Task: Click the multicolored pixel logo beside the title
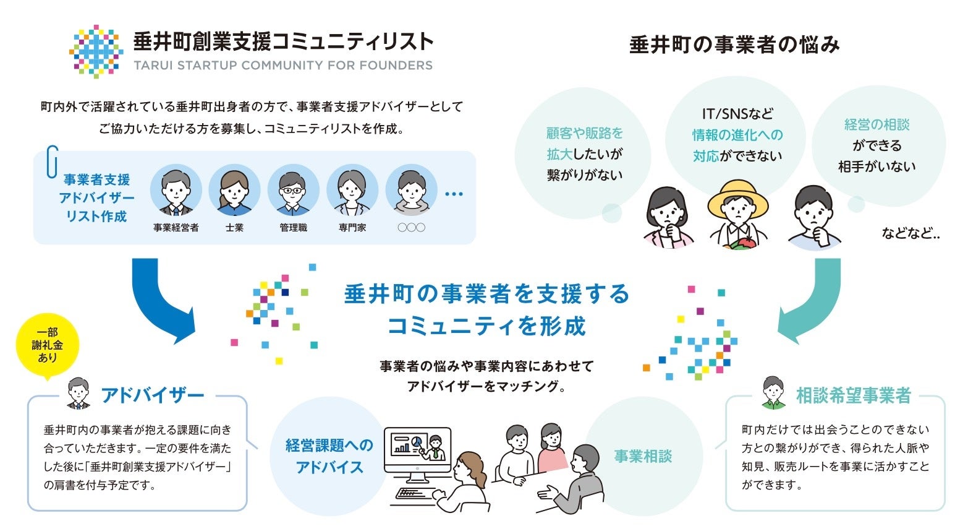tap(96, 51)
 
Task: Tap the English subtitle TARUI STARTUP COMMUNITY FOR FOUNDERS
tap(283, 66)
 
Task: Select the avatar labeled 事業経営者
tap(176, 191)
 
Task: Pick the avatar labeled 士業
tap(234, 191)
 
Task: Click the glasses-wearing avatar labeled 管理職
tap(293, 191)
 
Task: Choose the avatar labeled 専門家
tap(352, 191)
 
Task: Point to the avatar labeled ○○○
tap(411, 191)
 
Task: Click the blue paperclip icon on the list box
tap(52, 162)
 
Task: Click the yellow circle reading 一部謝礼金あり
tap(48, 345)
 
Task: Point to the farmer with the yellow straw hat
tap(737, 213)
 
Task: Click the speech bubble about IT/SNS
tap(737, 135)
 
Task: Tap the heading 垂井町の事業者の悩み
tap(734, 45)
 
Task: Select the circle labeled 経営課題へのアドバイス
tap(329, 456)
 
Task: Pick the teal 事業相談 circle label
tap(643, 457)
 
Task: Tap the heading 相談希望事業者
tap(853, 395)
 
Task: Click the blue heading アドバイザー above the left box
tap(152, 395)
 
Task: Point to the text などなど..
tap(911, 233)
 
